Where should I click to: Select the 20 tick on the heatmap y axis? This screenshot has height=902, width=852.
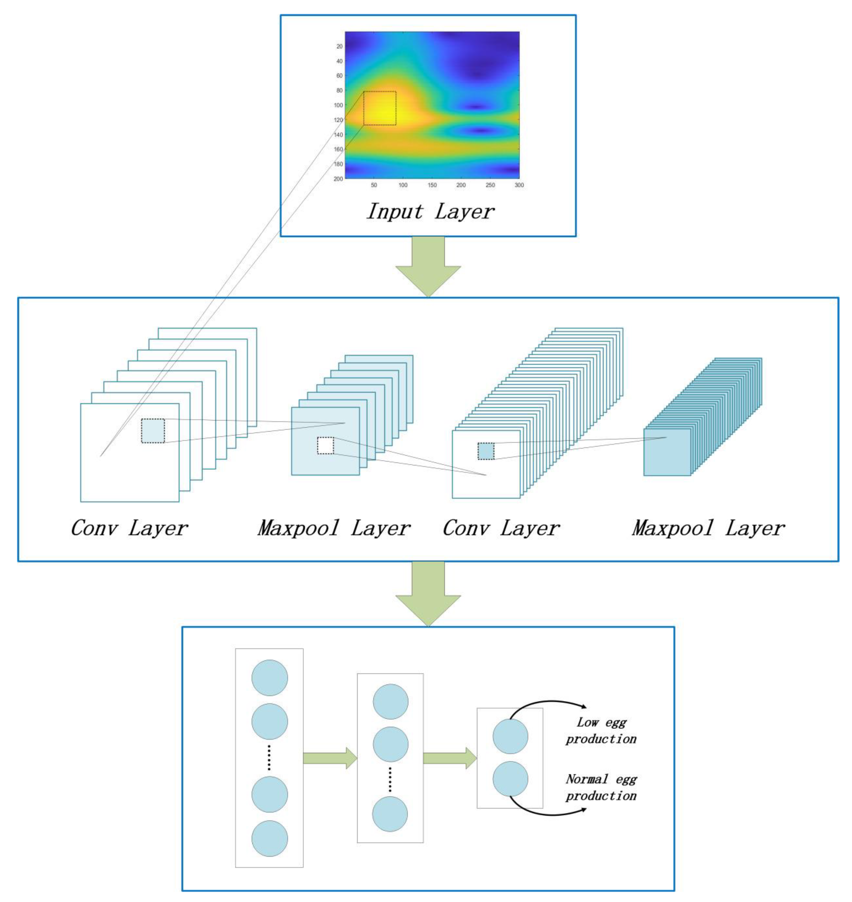339,46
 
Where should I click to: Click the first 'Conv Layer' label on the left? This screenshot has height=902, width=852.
129,528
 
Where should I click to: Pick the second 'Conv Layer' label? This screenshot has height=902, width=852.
501,528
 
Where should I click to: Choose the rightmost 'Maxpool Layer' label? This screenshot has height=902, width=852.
708,528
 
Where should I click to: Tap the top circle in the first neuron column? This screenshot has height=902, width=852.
270,678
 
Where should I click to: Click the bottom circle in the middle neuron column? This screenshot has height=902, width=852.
390,814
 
